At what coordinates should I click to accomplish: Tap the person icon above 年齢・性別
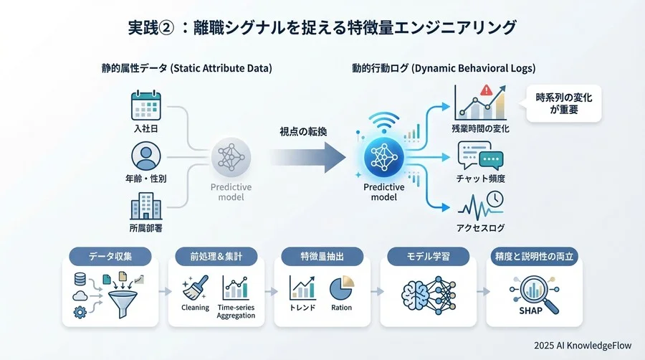coord(145,157)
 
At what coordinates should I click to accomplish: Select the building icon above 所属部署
coord(145,209)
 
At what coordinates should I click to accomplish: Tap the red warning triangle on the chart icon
coord(486,91)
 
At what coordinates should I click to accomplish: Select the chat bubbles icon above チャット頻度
coord(481,153)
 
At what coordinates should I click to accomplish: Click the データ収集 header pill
coord(110,256)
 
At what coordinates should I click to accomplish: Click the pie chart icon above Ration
coord(341,288)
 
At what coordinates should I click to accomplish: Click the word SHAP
coord(530,311)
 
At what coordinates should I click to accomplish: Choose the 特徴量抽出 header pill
coord(322,256)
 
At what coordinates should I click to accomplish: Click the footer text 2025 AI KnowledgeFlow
coord(583,345)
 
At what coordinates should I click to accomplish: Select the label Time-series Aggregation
coord(236,311)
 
